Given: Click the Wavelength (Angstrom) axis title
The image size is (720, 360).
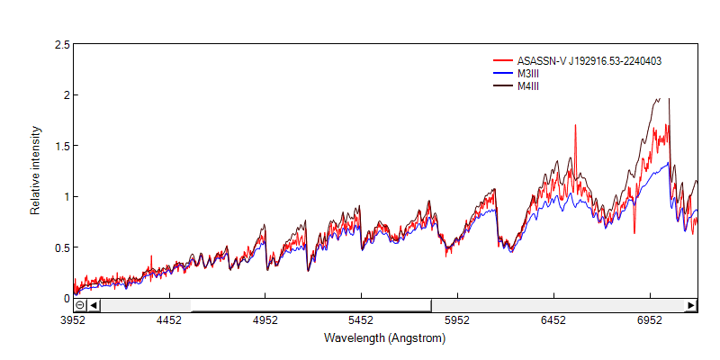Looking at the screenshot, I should click(x=385, y=338).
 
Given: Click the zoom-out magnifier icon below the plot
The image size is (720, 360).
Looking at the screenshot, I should click(x=80, y=305).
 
